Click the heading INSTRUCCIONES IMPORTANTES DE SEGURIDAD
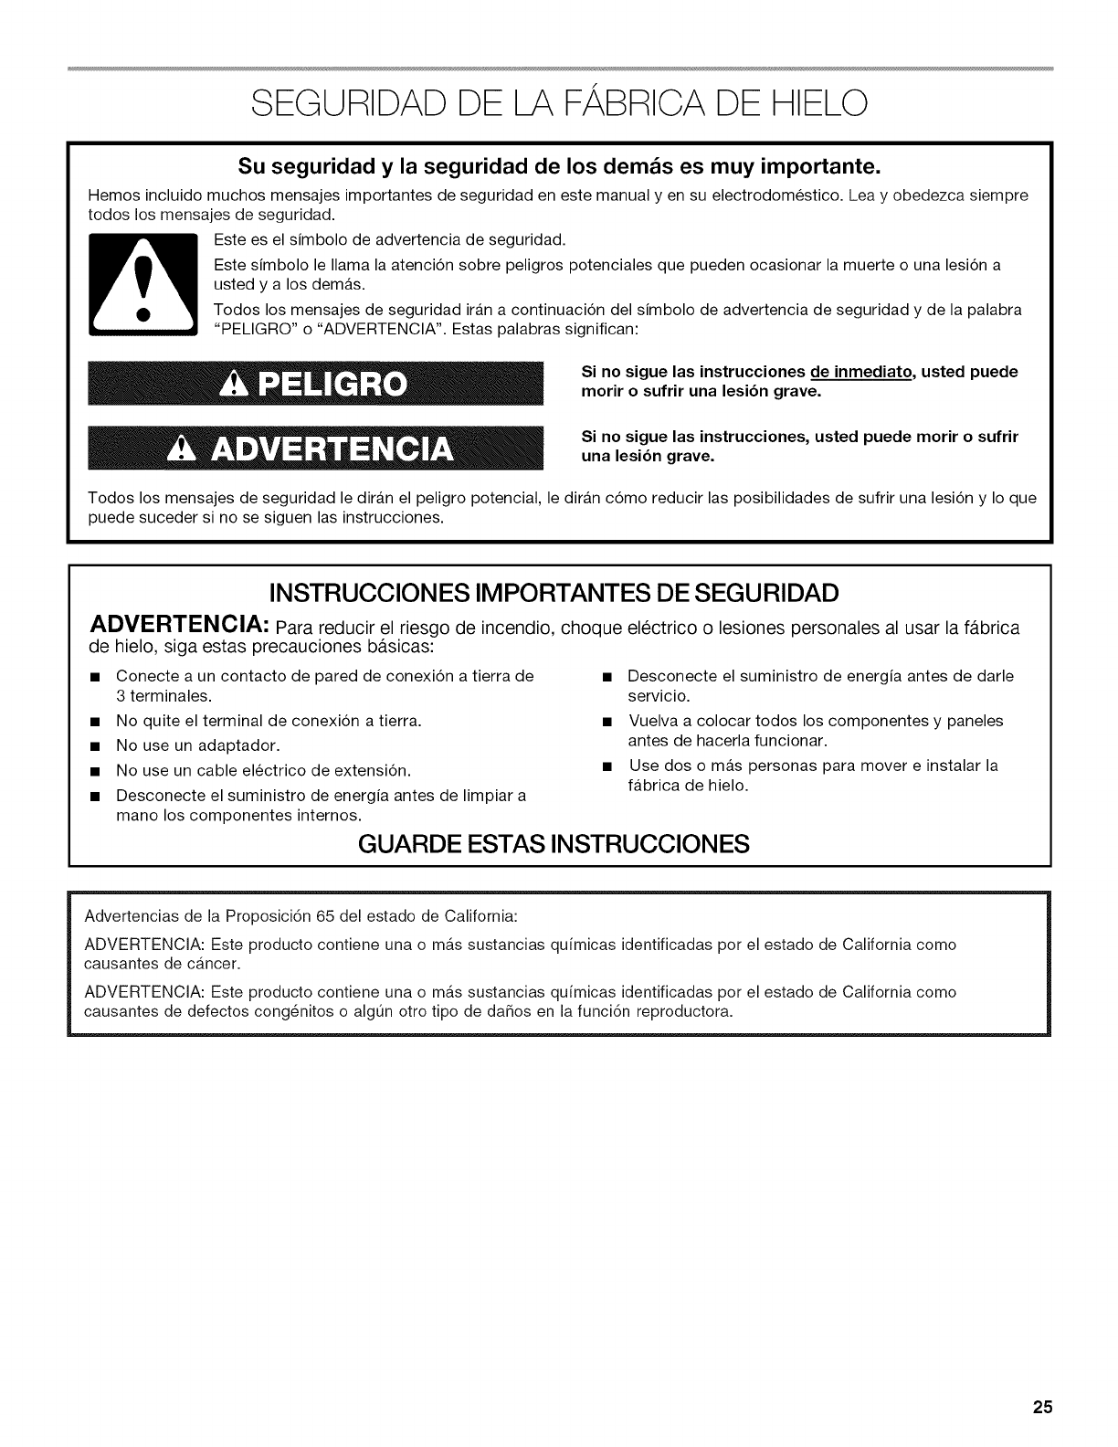560,593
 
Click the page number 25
1043,1408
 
